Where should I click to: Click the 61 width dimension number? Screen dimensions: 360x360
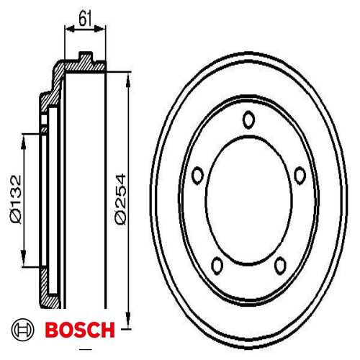[x=85, y=19]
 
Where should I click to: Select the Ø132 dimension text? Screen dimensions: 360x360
[x=17, y=199]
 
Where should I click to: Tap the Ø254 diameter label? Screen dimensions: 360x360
[x=120, y=199]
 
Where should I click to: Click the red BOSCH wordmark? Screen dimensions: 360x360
[x=80, y=330]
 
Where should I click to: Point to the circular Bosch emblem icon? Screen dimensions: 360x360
[x=23, y=330]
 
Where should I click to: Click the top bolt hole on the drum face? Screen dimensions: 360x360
[x=248, y=120]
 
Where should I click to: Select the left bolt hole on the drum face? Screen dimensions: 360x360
[x=197, y=175]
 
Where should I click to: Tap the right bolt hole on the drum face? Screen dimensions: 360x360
[x=300, y=175]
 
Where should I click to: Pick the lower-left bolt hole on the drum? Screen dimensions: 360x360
[x=217, y=266]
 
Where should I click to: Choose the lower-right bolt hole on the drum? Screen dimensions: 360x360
[x=280, y=266]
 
